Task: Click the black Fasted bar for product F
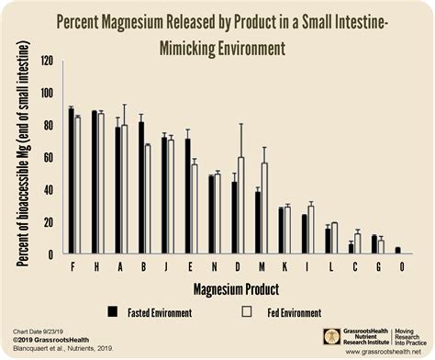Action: [x=71, y=180]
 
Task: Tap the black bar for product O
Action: [x=396, y=250]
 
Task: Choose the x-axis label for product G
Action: [x=377, y=266]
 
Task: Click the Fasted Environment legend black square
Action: [x=113, y=311]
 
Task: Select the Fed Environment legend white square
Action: [x=245, y=311]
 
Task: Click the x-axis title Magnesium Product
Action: [x=232, y=288]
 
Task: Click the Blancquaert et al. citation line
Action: [x=61, y=350]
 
